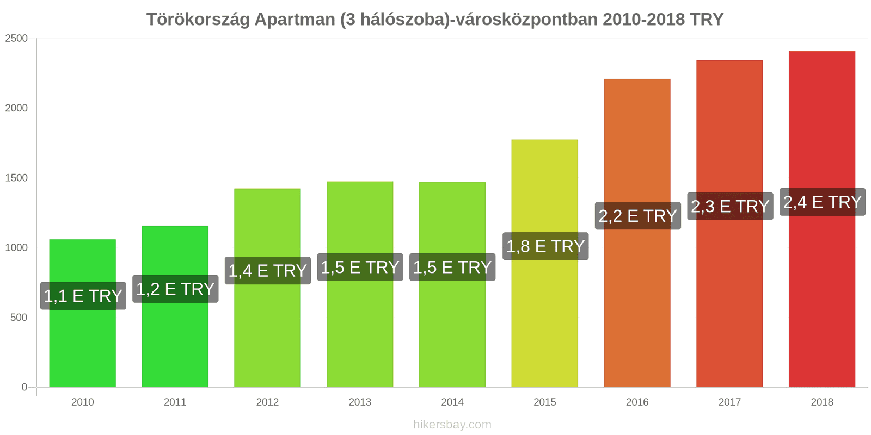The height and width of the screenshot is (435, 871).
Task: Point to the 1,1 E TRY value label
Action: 83,296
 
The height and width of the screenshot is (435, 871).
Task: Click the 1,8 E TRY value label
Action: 545,246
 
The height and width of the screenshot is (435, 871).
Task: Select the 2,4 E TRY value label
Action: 822,202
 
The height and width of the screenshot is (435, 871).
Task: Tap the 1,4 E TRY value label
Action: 267,271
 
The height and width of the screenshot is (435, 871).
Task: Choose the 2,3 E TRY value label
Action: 729,207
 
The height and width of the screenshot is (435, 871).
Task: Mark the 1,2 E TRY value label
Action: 175,289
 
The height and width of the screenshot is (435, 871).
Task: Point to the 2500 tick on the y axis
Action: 16,38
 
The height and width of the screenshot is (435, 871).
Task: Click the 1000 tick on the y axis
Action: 16,247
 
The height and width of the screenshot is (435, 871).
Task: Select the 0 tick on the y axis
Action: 24,387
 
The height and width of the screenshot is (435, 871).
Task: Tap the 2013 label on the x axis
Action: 360,402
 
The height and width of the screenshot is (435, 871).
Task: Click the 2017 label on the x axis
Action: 729,402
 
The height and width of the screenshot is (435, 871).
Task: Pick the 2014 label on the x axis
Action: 452,402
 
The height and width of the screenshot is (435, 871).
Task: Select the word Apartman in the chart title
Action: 295,20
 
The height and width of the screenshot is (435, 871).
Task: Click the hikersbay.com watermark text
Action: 452,425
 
